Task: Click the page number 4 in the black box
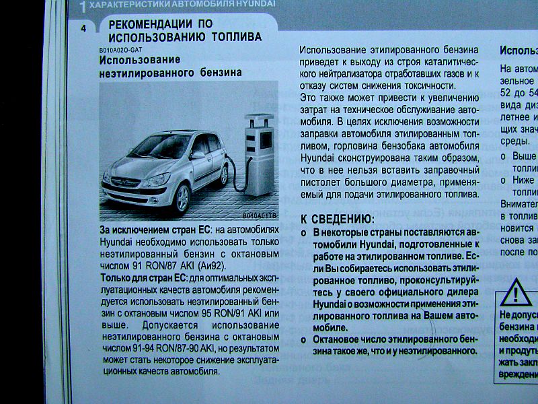(x=83, y=28)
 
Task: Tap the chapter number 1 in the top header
(x=82, y=7)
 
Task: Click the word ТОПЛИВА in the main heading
(x=235, y=38)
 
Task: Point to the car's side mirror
(x=197, y=155)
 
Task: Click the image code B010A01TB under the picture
(x=260, y=217)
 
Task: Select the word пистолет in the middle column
(x=322, y=182)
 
